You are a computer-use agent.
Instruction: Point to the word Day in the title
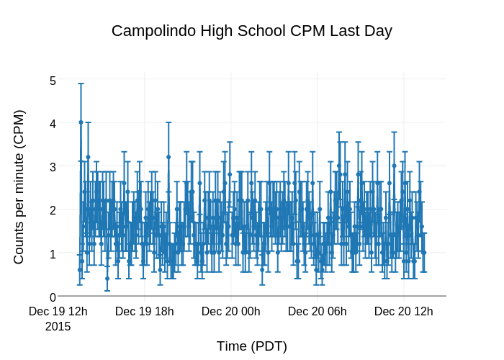point(378,31)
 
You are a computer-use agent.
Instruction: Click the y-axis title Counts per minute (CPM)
point(19,186)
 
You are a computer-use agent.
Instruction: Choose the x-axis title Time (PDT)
point(252,346)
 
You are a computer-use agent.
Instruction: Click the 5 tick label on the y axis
point(53,81)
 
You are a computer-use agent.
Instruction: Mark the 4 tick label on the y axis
point(53,124)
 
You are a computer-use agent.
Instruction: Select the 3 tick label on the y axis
point(53,167)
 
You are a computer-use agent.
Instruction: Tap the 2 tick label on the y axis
point(53,210)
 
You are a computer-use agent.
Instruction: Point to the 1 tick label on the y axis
point(53,253)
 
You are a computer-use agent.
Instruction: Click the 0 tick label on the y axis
point(53,297)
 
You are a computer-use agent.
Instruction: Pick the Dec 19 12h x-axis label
point(58,312)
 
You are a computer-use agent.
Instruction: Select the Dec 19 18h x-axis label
point(145,312)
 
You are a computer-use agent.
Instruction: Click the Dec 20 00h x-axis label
point(231,312)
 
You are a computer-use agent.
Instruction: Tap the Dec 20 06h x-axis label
point(318,312)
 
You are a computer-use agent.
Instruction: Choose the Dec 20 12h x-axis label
point(404,312)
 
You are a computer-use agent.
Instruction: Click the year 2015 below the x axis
point(58,326)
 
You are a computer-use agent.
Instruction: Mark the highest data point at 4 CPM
point(81,122)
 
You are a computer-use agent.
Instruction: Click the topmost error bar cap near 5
point(81,84)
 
